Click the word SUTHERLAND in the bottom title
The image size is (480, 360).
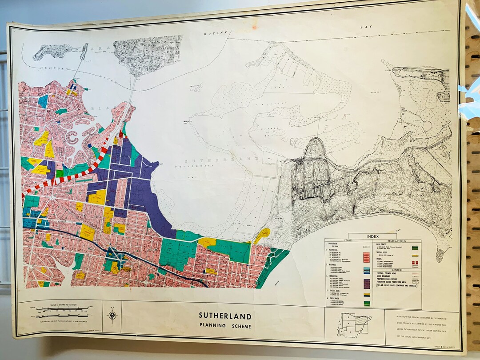coord(225,316)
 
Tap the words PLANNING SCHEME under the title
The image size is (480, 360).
coord(225,326)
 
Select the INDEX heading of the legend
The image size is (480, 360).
coord(372,236)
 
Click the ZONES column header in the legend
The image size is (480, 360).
coord(348,240)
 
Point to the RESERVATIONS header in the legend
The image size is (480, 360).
coord(396,240)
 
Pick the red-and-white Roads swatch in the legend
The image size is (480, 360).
coord(416,264)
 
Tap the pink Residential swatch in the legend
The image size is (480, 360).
coord(367,257)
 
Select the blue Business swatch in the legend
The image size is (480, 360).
coord(367,270)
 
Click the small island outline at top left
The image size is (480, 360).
coord(52,51)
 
